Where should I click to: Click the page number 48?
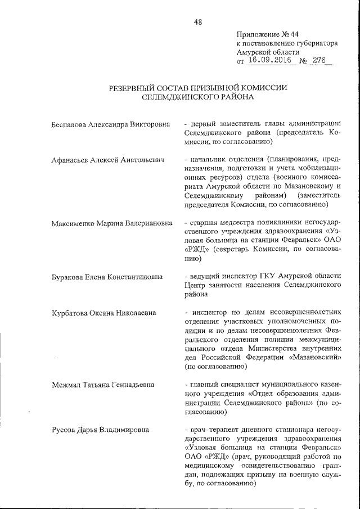point(198,22)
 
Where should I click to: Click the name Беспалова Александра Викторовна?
point(110,123)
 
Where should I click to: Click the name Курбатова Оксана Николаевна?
point(103,313)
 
